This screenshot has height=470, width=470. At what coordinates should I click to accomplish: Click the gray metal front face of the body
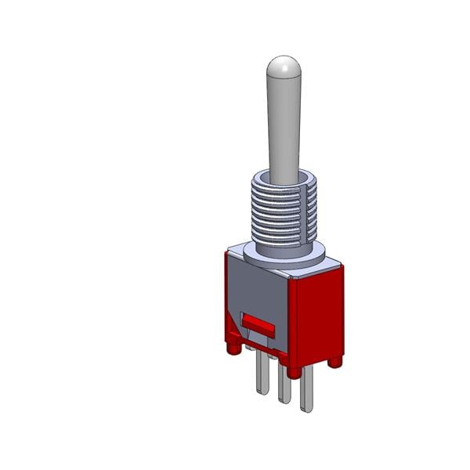click(x=255, y=290)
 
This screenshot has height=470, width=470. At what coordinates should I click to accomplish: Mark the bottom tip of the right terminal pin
click(x=306, y=410)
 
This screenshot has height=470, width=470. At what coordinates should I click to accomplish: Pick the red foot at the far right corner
click(x=334, y=361)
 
